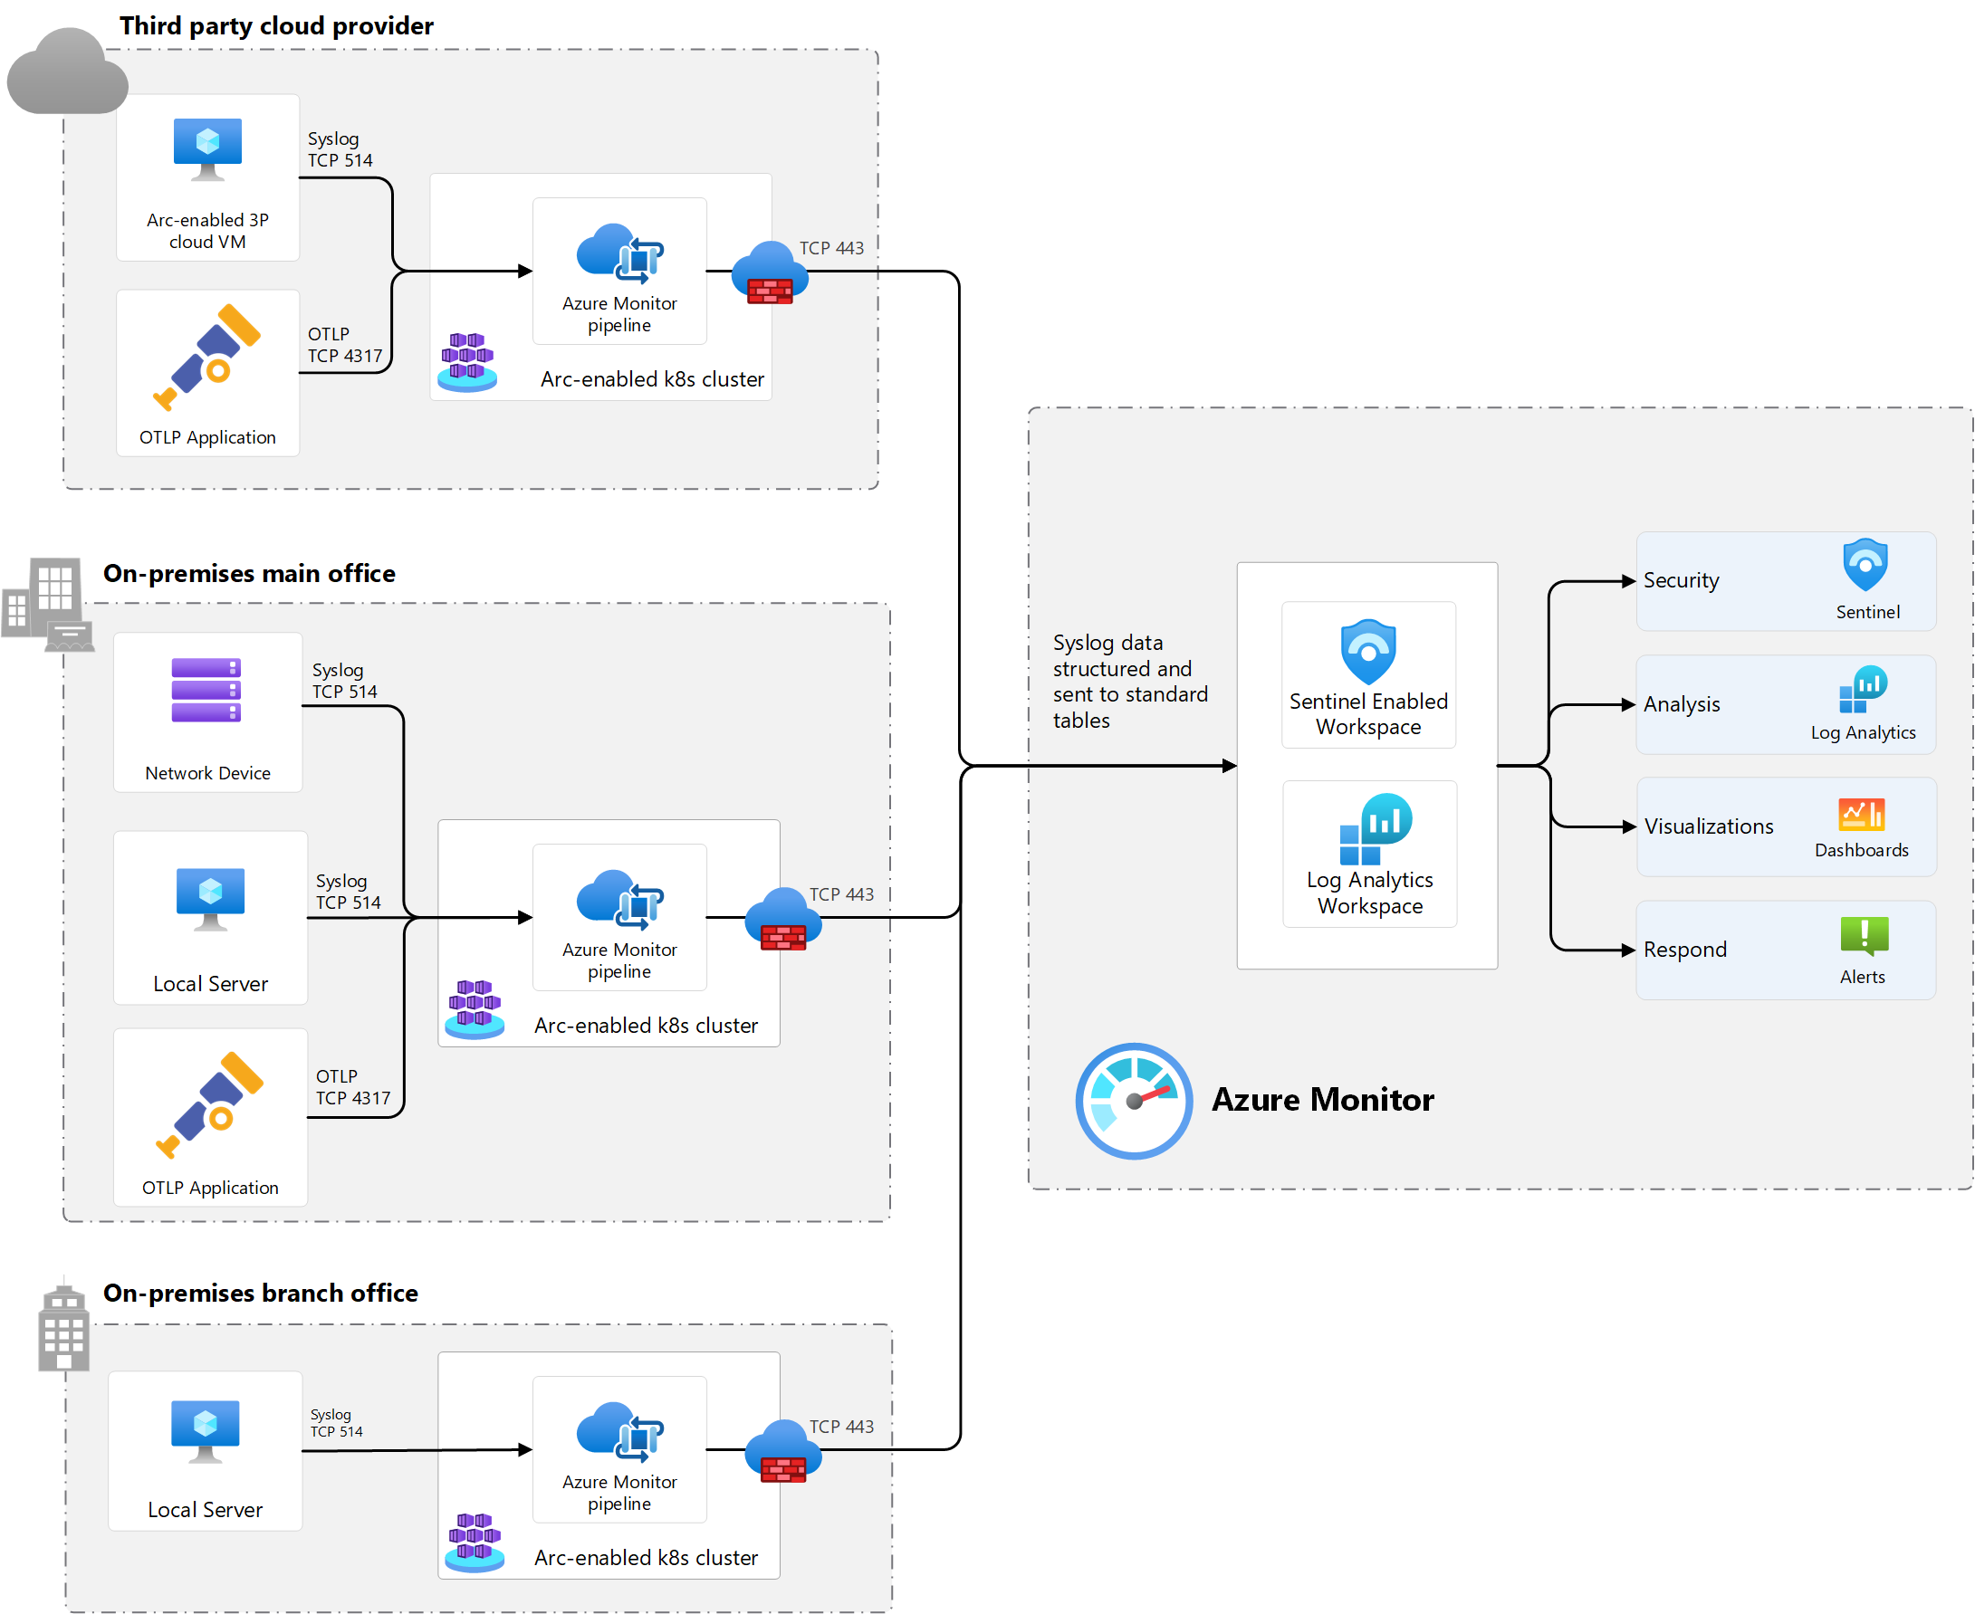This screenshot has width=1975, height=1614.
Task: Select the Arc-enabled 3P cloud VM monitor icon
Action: (x=207, y=148)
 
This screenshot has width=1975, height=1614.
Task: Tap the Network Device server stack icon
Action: (x=206, y=690)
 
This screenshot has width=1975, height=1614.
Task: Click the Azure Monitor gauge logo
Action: (x=1134, y=1101)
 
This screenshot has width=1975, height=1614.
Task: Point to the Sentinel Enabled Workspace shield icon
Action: (x=1367, y=652)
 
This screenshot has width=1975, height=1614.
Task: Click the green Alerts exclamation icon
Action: (x=1864, y=935)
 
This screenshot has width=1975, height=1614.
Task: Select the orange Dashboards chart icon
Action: (x=1861, y=815)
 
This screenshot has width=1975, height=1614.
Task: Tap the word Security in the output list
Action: (x=1682, y=580)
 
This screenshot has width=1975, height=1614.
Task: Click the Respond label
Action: (x=1685, y=950)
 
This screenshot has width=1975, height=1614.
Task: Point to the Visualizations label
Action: (x=1708, y=826)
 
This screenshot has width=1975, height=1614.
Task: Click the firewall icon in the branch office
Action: (x=783, y=1451)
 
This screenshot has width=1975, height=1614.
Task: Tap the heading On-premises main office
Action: (x=249, y=574)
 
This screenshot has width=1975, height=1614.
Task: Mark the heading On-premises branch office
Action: (x=261, y=1294)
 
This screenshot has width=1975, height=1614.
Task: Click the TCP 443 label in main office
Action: (x=841, y=894)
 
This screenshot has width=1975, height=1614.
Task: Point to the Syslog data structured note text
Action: (x=1130, y=682)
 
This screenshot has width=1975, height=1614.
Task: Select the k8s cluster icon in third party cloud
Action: (x=466, y=362)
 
